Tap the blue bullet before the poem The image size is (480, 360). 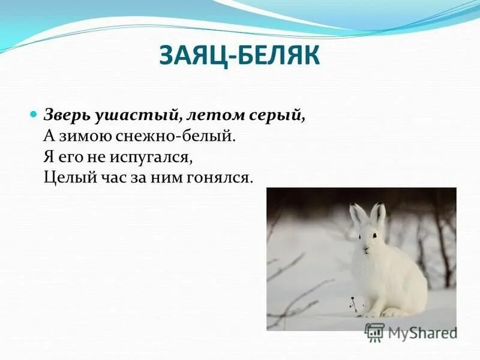tap(34, 113)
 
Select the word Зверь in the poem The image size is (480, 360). tap(66, 115)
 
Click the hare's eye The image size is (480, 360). tap(374, 235)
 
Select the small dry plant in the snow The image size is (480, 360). tap(355, 304)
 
